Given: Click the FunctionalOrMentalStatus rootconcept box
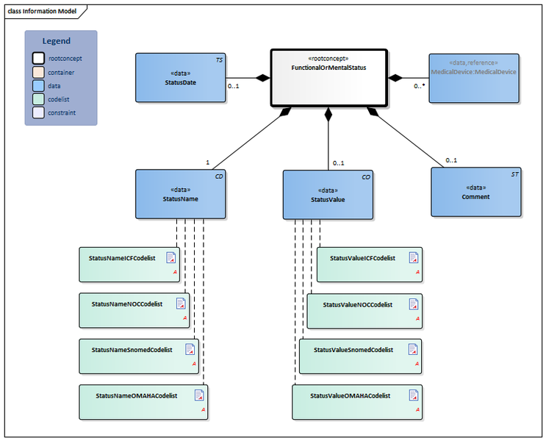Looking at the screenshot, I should click(328, 76).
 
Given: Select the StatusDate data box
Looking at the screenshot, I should click(180, 77).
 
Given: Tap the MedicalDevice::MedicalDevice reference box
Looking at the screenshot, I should click(473, 77).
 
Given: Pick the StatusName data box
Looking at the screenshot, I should click(180, 194).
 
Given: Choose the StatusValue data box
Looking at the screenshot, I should click(328, 194).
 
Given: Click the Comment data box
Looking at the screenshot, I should click(475, 192).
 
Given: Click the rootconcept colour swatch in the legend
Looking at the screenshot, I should click(37, 58).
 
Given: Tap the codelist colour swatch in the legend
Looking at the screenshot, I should click(37, 99).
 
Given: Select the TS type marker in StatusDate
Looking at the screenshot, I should click(219, 60).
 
